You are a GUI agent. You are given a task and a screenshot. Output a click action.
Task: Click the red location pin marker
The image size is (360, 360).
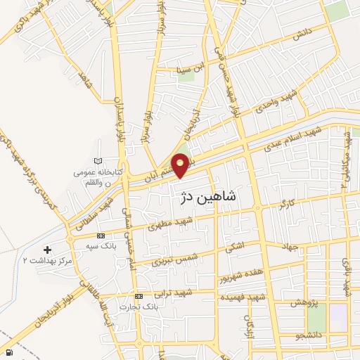click(181, 165)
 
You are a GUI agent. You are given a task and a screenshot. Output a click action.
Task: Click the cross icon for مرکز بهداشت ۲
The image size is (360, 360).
click(47, 250)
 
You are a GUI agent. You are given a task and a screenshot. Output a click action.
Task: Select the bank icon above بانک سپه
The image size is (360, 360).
click(101, 236)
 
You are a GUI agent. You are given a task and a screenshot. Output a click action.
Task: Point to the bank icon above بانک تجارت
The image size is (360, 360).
click(139, 296)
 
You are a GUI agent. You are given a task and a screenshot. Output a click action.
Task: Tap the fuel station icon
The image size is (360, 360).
click(8, 352)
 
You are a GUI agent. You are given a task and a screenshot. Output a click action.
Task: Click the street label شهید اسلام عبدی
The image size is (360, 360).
click(297, 141)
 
